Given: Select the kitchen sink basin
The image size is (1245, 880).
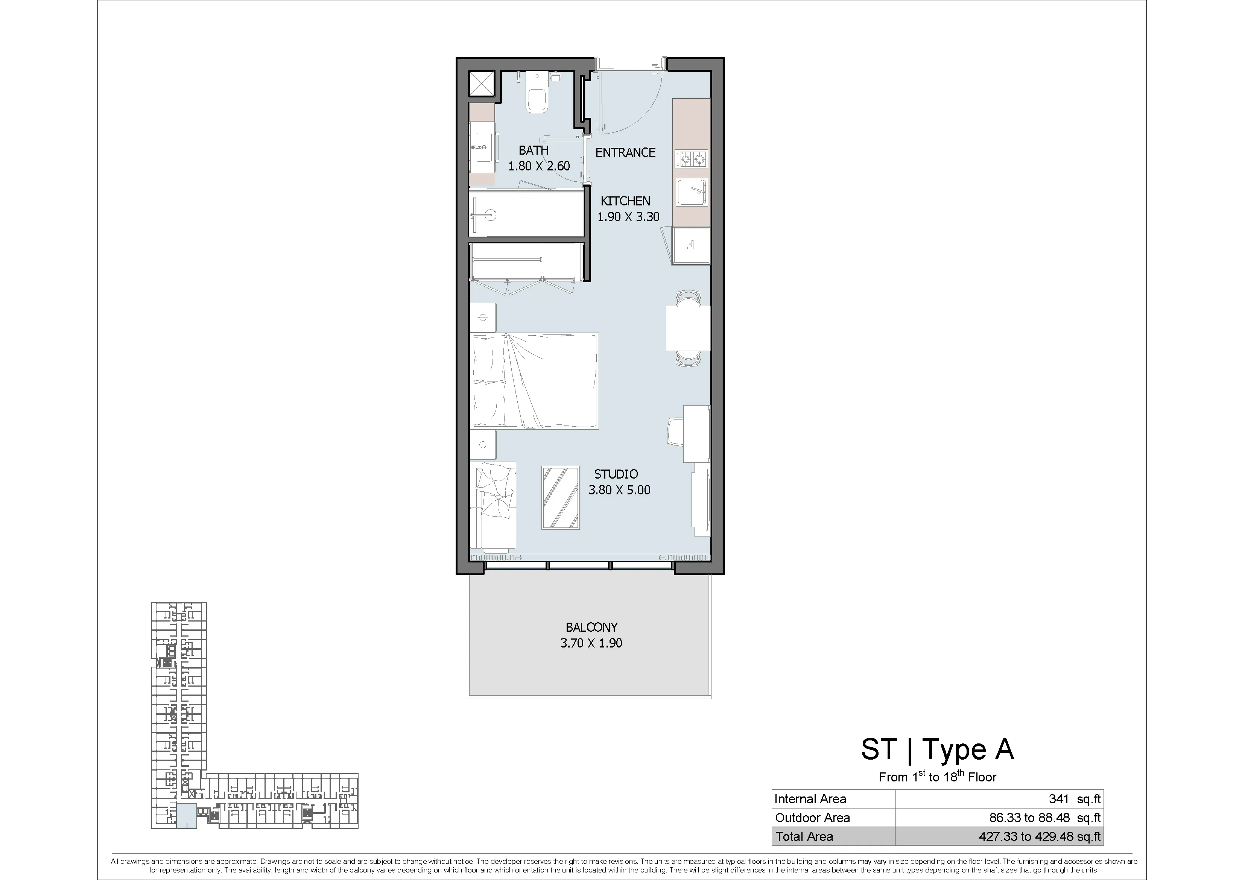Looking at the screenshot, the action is [692, 193].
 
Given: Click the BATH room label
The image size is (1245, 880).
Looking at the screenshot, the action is [534, 150].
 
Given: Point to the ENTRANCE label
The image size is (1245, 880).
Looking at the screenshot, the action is [625, 152].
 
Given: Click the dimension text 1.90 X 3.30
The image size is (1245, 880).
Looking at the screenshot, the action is [628, 217].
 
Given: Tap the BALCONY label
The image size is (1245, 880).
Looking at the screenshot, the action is [591, 627].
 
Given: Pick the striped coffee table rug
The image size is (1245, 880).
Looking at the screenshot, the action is [561, 498].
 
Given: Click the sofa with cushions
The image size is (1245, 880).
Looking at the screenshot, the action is [493, 505].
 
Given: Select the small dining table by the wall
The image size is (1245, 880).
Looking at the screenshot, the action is [688, 328].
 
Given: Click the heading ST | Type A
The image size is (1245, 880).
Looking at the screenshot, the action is [938, 749].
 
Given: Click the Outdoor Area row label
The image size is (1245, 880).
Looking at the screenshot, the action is [812, 818].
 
